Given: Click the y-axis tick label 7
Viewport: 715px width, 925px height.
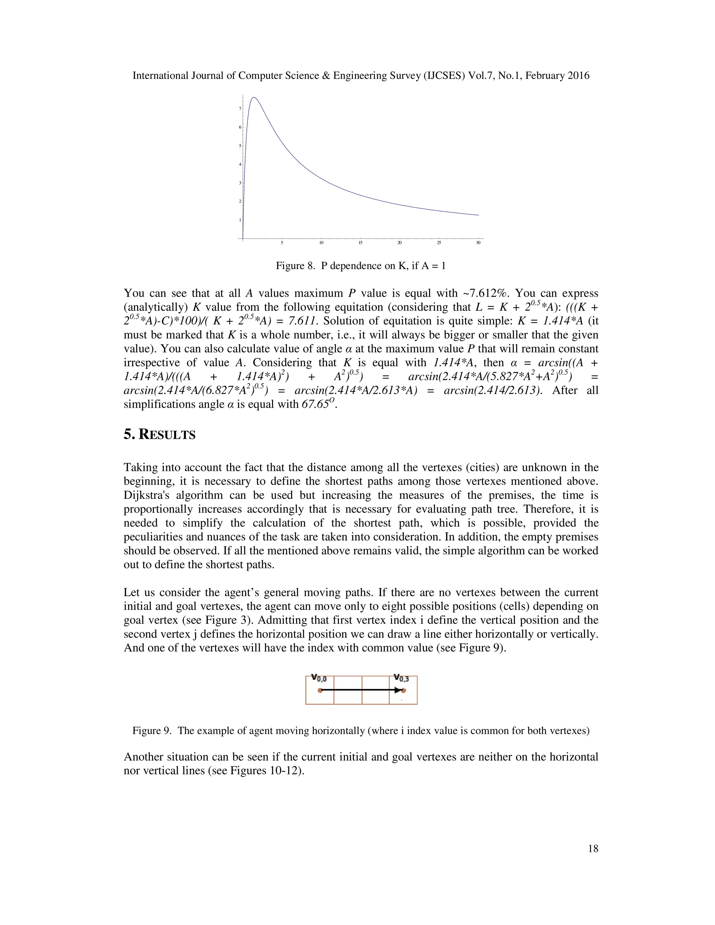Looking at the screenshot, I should (240, 109).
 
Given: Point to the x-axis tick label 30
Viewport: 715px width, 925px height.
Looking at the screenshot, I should (478, 243).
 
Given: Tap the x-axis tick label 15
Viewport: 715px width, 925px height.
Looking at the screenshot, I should (360, 243).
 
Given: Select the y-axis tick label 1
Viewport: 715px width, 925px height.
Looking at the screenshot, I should (240, 220).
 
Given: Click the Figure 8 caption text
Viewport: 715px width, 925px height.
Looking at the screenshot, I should (360, 266).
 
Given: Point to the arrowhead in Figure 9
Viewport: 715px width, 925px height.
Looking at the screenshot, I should (397, 690).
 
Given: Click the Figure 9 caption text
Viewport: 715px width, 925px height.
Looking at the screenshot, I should (360, 731).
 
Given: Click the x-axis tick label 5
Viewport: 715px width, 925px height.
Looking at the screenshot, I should (282, 243).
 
